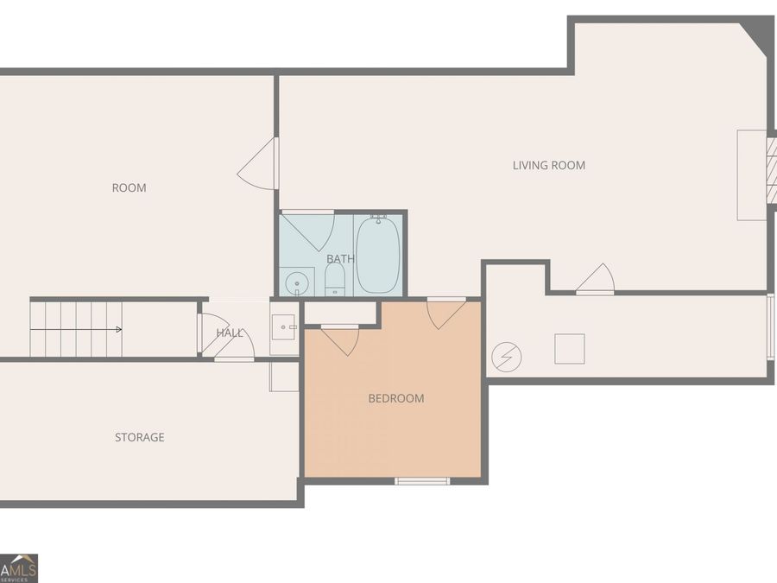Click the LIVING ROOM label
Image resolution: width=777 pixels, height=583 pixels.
(548, 165)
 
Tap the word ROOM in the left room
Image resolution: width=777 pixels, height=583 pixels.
(129, 188)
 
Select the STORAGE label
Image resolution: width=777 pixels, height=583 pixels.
(139, 437)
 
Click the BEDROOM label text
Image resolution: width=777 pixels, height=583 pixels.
(396, 398)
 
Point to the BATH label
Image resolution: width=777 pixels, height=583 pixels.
(340, 259)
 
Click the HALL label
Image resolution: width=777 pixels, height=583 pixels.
(230, 333)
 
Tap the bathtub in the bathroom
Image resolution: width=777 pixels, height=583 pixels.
(378, 254)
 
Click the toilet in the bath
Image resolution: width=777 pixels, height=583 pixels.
(335, 279)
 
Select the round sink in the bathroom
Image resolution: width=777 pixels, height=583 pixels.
(297, 283)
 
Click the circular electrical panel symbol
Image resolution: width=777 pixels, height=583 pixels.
(507, 357)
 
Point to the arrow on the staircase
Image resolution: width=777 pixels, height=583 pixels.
(76, 329)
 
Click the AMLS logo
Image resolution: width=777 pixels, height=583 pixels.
(19, 568)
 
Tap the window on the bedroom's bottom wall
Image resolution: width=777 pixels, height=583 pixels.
(422, 481)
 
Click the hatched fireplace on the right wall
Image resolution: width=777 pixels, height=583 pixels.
(772, 170)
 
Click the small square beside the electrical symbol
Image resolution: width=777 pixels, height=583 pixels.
(570, 349)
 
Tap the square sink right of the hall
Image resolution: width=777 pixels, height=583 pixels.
(283, 327)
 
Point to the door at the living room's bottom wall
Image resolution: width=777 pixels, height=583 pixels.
(595, 279)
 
